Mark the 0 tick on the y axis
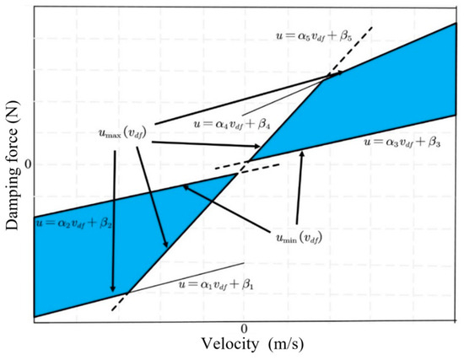point(26,162)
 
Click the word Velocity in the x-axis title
point(228,345)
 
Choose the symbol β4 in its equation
point(276,124)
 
